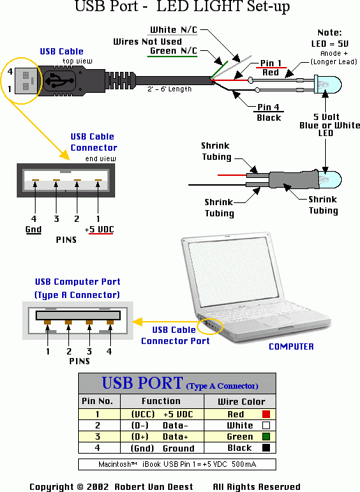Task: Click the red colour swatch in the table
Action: pos(266,414)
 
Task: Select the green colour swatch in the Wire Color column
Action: pos(266,436)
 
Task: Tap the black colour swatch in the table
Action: pos(266,448)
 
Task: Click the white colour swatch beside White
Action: pos(266,426)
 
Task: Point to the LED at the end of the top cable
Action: pos(328,84)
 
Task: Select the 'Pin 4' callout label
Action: pos(268,107)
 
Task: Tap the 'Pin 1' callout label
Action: pos(271,63)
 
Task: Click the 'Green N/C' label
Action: pos(174,51)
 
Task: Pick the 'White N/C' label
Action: pos(174,30)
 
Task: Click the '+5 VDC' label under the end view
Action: pos(99,230)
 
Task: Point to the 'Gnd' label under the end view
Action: pos(33,230)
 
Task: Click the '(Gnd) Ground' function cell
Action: pos(163,448)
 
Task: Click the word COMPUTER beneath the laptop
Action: pos(291,346)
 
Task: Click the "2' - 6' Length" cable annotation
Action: pos(170,89)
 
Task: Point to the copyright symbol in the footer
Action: pos(80,486)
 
